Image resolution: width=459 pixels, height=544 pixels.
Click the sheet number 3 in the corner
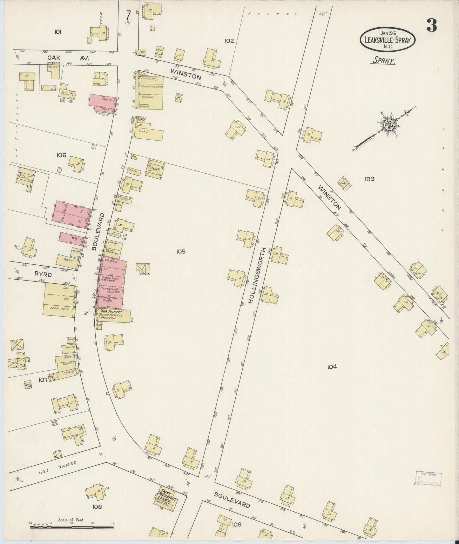[431, 25]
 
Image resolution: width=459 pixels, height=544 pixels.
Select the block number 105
[181, 252]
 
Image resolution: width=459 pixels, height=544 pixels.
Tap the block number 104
[332, 367]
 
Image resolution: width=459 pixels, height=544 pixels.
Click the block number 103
[369, 179]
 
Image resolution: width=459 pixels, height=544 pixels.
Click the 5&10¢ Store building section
[60, 307]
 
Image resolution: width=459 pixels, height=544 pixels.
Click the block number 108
[97, 507]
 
